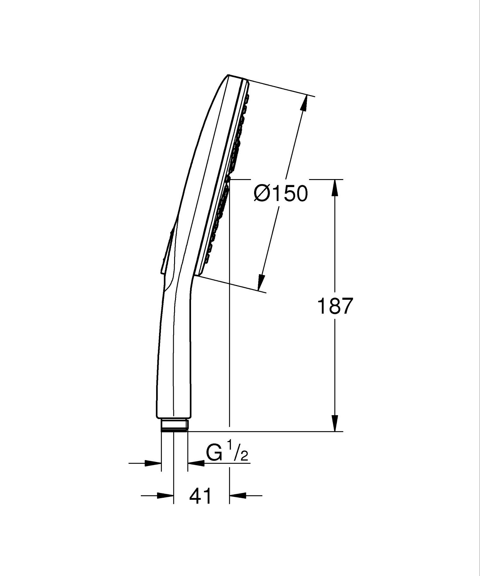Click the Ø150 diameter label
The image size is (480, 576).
(281, 193)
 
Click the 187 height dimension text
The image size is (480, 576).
(334, 306)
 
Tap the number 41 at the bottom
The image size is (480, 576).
(201, 496)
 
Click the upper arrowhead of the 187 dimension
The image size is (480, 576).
(335, 187)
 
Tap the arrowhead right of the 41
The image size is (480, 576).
(238, 496)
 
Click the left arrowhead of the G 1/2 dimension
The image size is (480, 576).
(153, 463)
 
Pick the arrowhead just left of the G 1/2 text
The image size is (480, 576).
(196, 463)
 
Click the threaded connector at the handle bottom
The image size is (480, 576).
(174, 425)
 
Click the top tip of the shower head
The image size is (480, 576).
(228, 76)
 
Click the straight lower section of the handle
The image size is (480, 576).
(174, 368)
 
